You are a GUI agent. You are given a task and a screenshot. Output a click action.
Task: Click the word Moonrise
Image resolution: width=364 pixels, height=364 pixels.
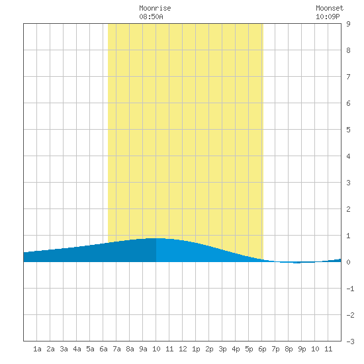click(x=155, y=8)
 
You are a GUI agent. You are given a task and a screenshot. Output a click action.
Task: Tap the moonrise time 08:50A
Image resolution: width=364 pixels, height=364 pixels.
click(x=151, y=17)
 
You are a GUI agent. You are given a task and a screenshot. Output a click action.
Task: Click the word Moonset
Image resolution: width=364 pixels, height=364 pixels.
click(x=330, y=8)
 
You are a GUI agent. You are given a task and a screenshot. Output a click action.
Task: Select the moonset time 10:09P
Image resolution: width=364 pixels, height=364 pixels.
click(x=328, y=17)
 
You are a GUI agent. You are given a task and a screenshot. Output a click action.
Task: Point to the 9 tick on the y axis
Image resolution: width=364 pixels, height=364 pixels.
click(x=348, y=24)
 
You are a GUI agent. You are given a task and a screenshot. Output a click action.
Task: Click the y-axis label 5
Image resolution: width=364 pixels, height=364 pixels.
click(x=348, y=130)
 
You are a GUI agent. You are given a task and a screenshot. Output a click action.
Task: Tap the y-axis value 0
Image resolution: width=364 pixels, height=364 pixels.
click(x=348, y=262)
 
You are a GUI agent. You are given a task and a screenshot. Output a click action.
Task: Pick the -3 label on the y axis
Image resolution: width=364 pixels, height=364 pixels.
click(x=350, y=341)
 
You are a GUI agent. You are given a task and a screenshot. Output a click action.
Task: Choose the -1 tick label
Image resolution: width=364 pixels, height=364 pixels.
click(x=350, y=289)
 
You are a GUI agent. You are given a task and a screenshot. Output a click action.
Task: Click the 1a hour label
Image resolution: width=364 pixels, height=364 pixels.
click(x=37, y=349)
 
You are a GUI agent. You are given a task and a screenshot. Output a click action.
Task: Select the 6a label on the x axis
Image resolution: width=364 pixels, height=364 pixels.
click(x=103, y=349)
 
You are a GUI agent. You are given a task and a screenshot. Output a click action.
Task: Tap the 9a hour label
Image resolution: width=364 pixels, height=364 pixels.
click(x=143, y=349)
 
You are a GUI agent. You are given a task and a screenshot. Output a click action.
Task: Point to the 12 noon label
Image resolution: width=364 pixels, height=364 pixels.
click(x=183, y=349)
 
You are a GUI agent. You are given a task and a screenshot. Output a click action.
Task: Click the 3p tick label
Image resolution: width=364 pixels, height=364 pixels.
click(x=222, y=349)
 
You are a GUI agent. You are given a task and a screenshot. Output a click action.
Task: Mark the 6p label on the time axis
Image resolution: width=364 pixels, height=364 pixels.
click(x=262, y=349)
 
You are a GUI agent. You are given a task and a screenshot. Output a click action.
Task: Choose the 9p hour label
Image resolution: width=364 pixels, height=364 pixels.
click(x=302, y=349)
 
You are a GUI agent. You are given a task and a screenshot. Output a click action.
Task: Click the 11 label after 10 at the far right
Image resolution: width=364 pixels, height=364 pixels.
click(x=328, y=349)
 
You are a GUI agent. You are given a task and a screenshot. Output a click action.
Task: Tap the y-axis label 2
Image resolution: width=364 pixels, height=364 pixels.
click(x=348, y=209)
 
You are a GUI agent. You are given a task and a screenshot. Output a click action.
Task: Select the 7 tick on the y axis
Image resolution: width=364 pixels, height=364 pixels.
click(x=348, y=77)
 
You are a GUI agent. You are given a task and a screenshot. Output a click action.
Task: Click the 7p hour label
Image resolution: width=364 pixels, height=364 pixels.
click(x=275, y=349)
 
